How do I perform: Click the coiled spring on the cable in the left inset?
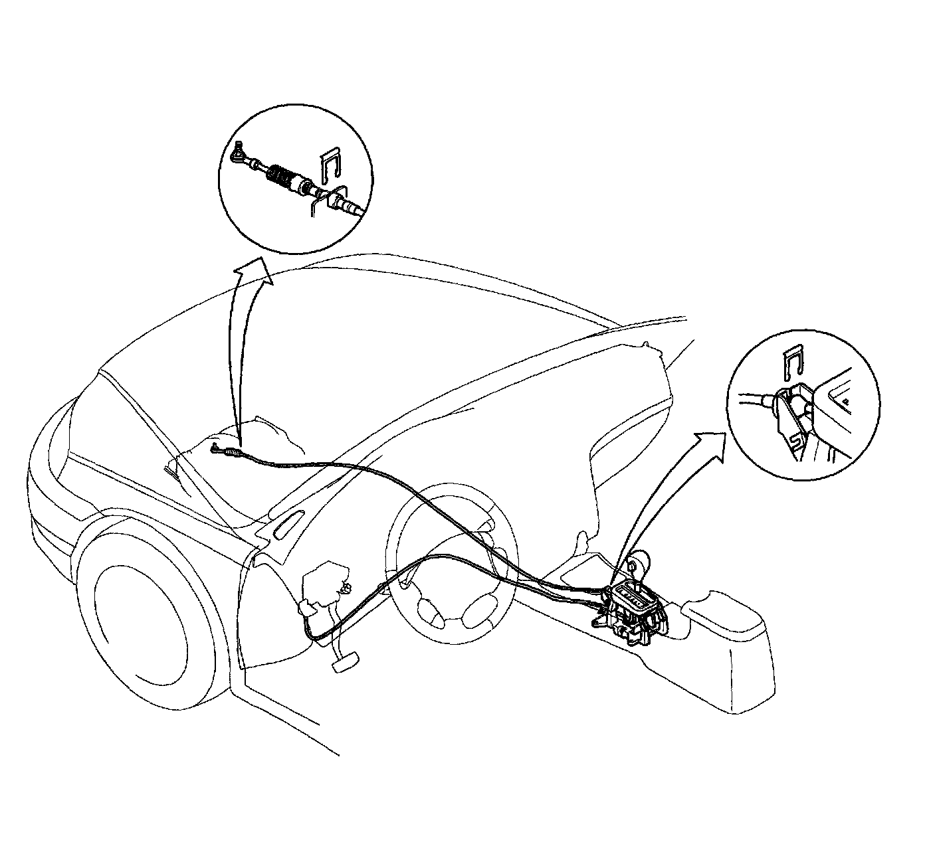(x=280, y=176)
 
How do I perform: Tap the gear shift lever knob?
(x=639, y=562)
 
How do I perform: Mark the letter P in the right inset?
(x=847, y=400)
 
